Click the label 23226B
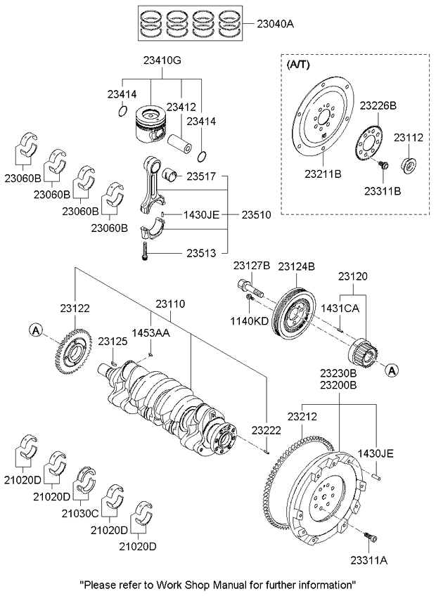coord(378,105)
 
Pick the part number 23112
coord(408,138)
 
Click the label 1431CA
coord(340,308)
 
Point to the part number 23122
coord(75,308)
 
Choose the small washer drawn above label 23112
coord(408,166)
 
